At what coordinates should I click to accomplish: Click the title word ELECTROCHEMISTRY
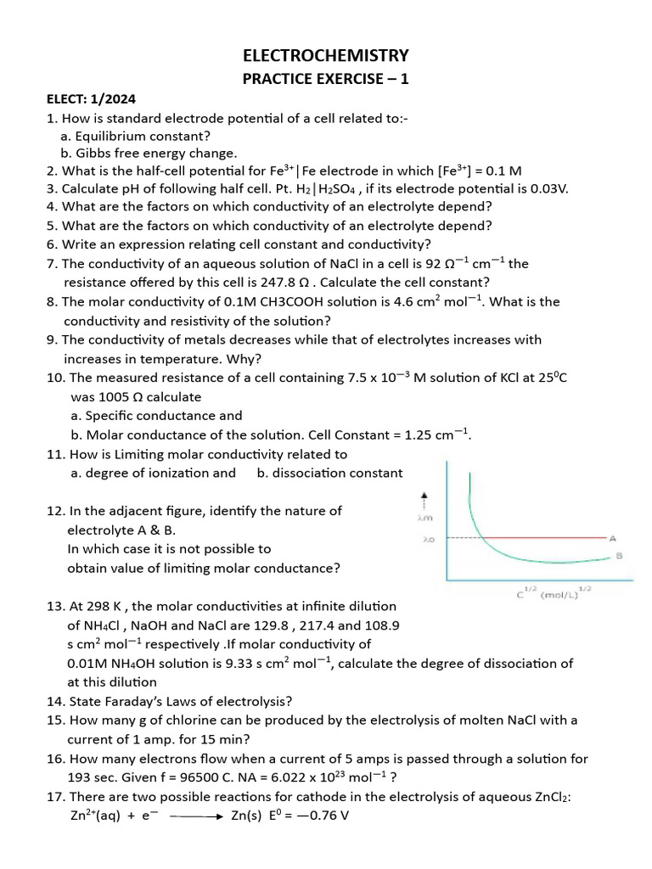(326, 56)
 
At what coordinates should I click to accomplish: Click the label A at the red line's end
(611, 536)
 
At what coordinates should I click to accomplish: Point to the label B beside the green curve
(619, 557)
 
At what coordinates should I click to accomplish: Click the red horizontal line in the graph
(543, 537)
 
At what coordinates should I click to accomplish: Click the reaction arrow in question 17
(197, 816)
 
